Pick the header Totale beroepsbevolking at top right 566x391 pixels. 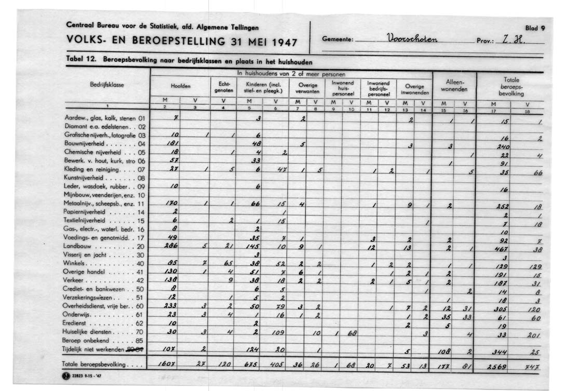pyautogui.click(x=511, y=87)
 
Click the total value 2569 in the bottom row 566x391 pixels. pyautogui.click(x=499, y=366)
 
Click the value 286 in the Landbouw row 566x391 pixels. pyautogui.click(x=171, y=246)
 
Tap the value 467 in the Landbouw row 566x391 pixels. pyautogui.click(x=500, y=249)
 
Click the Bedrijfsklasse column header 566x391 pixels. pyautogui.click(x=107, y=84)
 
